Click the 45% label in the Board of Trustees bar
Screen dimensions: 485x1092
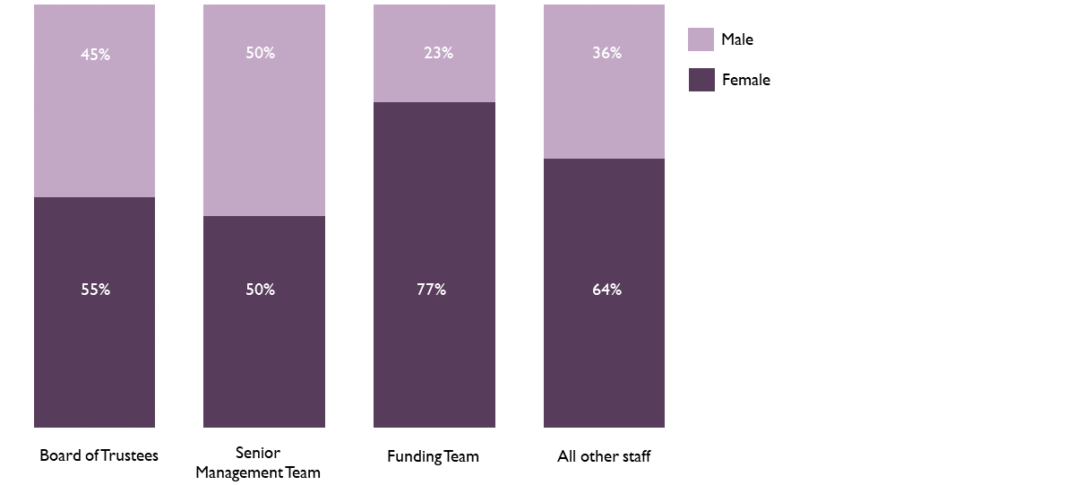pyautogui.click(x=95, y=54)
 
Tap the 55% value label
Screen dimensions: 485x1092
pyautogui.click(x=95, y=290)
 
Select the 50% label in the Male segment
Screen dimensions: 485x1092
pyautogui.click(x=260, y=53)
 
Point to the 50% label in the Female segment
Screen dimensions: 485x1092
pyautogui.click(x=260, y=290)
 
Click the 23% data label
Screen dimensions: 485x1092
pyautogui.click(x=438, y=53)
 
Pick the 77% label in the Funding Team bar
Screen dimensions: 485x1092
pyautogui.click(x=431, y=290)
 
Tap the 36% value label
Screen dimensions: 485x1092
pyautogui.click(x=606, y=53)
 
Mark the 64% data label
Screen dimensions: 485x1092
pyautogui.click(x=606, y=290)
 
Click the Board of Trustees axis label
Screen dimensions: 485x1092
pyautogui.click(x=99, y=455)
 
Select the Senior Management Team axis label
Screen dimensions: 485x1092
pyautogui.click(x=258, y=463)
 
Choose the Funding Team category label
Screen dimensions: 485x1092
pyautogui.click(x=433, y=456)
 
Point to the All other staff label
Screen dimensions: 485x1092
pyautogui.click(x=604, y=456)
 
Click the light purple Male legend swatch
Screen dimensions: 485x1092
pyautogui.click(x=701, y=39)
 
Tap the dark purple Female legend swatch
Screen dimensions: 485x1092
pyautogui.click(x=701, y=80)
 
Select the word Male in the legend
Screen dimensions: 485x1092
pyautogui.click(x=737, y=39)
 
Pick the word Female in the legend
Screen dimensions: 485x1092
pyautogui.click(x=745, y=80)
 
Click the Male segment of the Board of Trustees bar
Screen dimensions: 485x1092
pyautogui.click(x=95, y=126)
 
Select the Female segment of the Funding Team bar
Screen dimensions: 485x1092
pyautogui.click(x=434, y=359)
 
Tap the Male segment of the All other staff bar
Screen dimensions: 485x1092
pyautogui.click(x=604, y=108)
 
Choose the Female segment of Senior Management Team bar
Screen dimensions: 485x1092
pyautogui.click(x=264, y=359)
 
